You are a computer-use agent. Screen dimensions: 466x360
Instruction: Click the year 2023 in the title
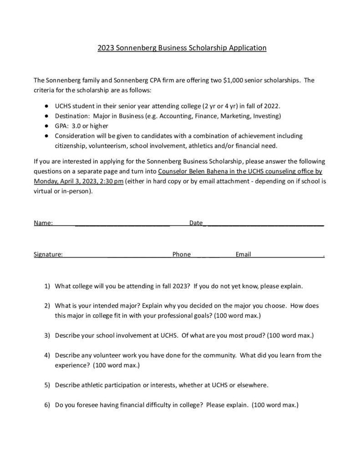(x=106, y=47)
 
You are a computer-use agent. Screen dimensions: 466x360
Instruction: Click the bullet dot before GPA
(x=46, y=126)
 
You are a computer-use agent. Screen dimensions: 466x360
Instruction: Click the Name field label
(x=43, y=223)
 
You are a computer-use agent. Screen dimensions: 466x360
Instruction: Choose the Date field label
(x=196, y=223)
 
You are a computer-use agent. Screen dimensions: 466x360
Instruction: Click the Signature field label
(x=48, y=254)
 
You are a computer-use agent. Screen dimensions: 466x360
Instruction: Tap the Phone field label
(x=182, y=254)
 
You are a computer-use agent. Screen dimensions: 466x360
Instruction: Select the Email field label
(x=243, y=254)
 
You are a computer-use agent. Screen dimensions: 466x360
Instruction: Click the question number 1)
(x=47, y=287)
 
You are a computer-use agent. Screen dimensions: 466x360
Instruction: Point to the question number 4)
(x=47, y=355)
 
